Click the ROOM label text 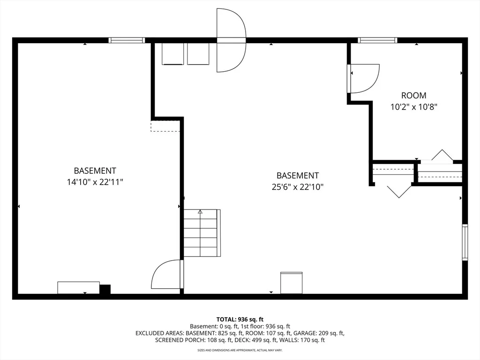click(413, 96)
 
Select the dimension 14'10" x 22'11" click(95, 182)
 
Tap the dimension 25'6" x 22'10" click(298, 187)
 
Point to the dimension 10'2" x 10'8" click(413, 107)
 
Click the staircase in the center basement click(202, 233)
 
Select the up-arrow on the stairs click(200, 211)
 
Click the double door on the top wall click(231, 40)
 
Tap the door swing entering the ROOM click(363, 78)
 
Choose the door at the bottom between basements click(167, 274)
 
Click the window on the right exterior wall click(465, 242)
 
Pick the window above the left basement click(127, 40)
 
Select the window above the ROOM click(377, 40)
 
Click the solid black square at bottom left click(105, 289)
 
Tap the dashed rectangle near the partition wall click(165, 126)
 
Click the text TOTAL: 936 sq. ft click(240, 320)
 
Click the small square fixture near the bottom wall click(292, 283)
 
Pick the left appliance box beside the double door click(172, 54)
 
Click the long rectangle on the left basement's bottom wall click(79, 288)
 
